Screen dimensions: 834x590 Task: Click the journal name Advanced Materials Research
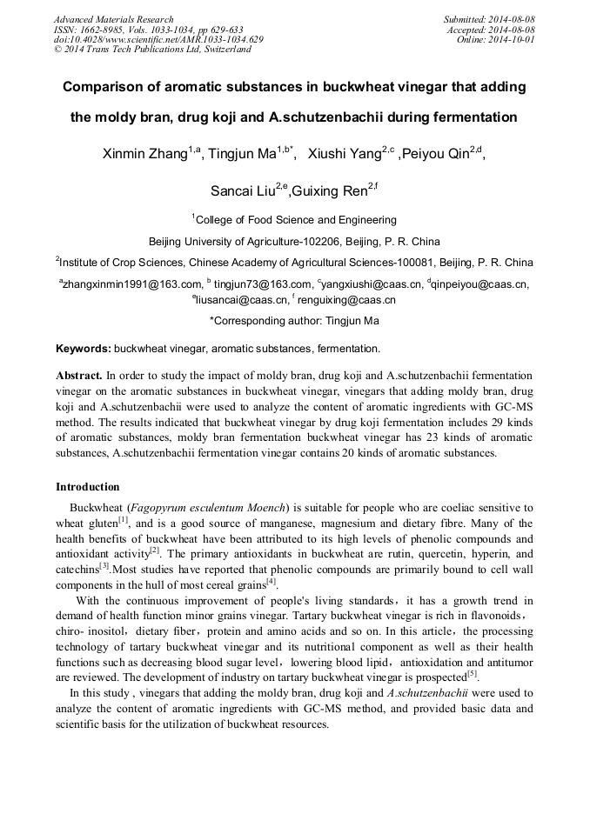click(x=113, y=19)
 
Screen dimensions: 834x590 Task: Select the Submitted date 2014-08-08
click(x=511, y=19)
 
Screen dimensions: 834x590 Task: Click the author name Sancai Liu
click(x=243, y=190)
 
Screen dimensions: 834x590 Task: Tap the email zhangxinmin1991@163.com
click(x=131, y=284)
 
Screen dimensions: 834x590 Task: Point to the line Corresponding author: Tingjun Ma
click(x=294, y=321)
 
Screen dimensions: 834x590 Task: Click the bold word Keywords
click(x=84, y=349)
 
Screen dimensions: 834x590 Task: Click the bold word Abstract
click(x=79, y=376)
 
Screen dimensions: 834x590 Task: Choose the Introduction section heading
click(x=87, y=486)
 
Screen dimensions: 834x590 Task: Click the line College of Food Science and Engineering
click(x=296, y=220)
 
